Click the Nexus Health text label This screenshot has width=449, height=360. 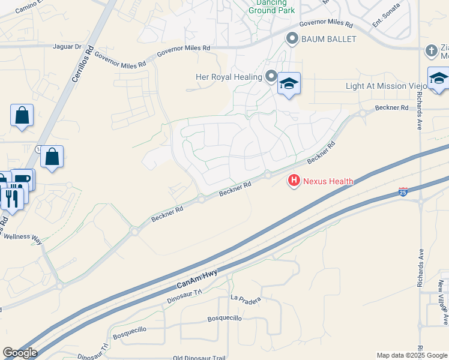(x=328, y=181)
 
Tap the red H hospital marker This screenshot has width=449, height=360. (x=294, y=179)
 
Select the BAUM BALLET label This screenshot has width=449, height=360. (x=330, y=40)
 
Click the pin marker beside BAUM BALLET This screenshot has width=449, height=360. (x=292, y=39)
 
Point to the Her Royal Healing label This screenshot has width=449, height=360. (x=229, y=77)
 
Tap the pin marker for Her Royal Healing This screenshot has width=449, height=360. (x=271, y=77)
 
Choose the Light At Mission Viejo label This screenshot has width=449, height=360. (x=385, y=86)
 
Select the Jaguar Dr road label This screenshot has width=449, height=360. (x=67, y=46)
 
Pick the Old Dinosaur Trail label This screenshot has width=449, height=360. (x=199, y=358)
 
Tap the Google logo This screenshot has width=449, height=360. (x=20, y=353)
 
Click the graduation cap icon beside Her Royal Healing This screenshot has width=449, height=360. (x=288, y=83)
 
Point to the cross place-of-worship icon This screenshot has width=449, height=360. (x=431, y=50)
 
